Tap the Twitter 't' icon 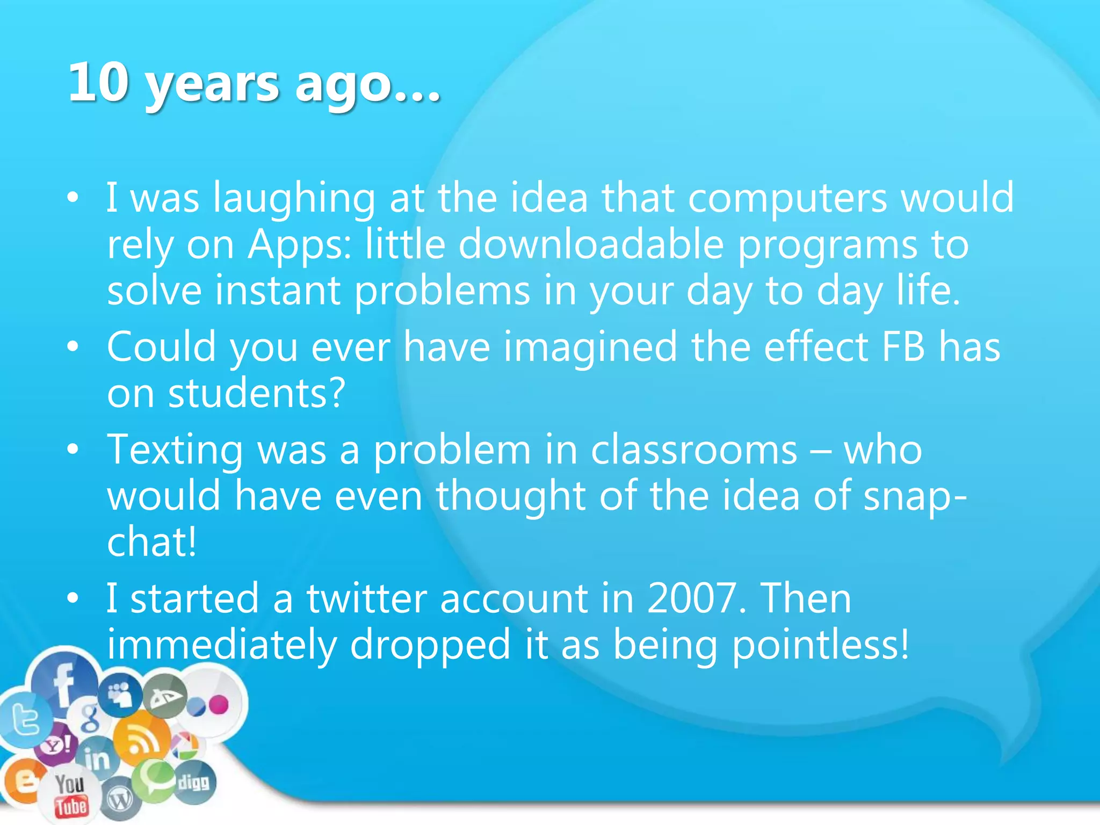(25, 720)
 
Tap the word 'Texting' (175, 450)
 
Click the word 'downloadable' (591, 245)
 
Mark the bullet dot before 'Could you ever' (73, 347)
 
